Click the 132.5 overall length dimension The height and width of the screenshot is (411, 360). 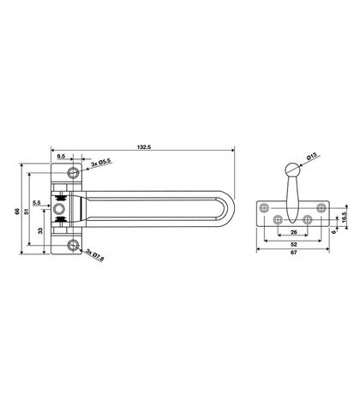tap(144, 147)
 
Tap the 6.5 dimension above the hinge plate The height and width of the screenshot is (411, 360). tap(61, 156)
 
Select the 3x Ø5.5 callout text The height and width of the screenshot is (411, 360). tap(101, 162)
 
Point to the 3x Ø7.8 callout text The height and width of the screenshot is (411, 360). tap(95, 254)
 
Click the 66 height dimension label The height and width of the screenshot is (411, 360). tap(17, 211)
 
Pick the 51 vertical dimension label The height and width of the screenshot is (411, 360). tap(26, 211)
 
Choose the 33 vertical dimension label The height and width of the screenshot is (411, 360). tap(40, 230)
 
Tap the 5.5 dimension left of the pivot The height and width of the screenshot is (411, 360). tap(36, 203)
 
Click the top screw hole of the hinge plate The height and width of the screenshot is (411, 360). tap(73, 172)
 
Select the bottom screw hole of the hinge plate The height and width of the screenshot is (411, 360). tap(73, 245)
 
